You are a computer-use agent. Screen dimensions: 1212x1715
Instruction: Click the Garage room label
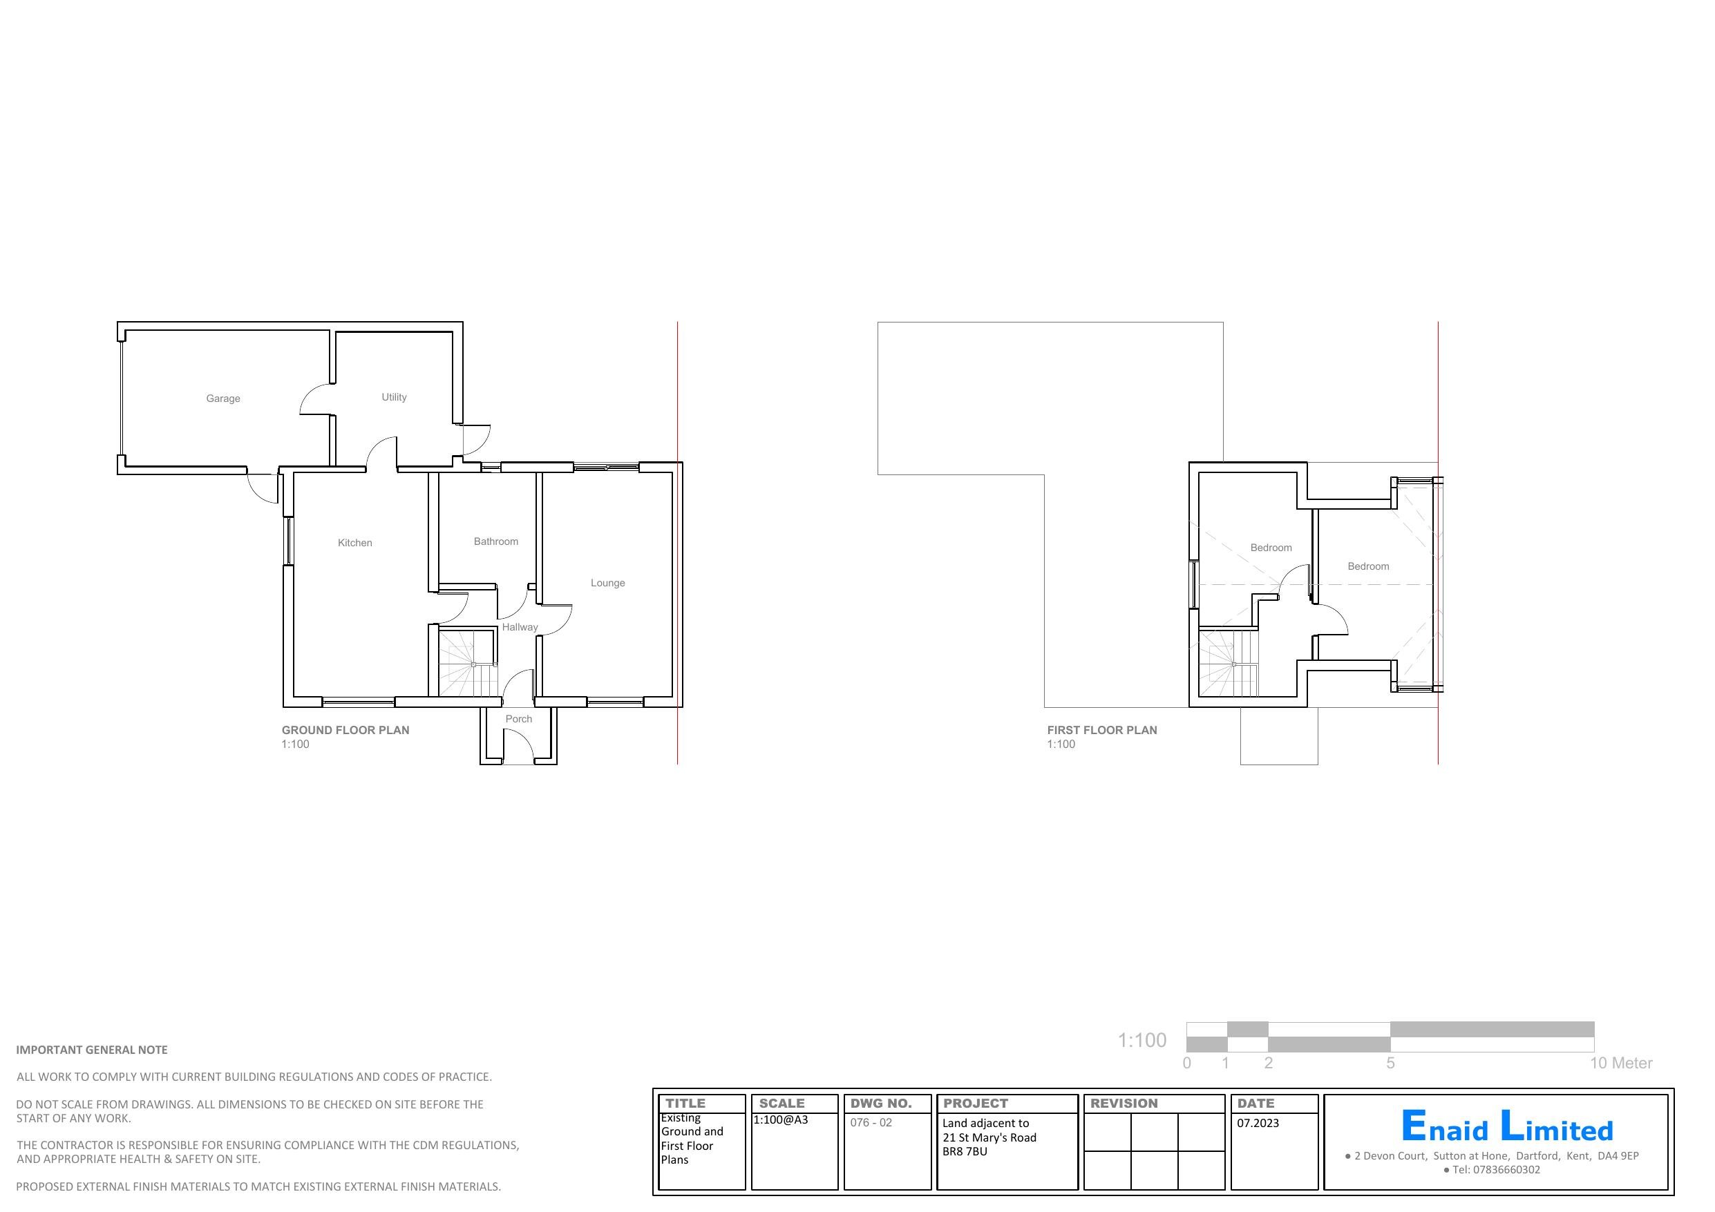tap(222, 398)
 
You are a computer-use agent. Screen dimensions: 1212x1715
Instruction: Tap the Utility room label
tap(394, 397)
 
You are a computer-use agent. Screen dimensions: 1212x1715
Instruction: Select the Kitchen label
tap(354, 543)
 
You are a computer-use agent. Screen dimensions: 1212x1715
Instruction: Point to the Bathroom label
tap(495, 541)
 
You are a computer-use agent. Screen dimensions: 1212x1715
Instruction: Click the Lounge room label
tap(607, 584)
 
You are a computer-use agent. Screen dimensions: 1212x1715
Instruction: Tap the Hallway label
tap(519, 627)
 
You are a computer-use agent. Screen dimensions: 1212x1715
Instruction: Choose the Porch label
tap(518, 719)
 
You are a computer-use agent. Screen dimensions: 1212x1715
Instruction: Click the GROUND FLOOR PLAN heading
tap(345, 731)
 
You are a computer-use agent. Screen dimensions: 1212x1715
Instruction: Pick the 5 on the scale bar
tap(1390, 1064)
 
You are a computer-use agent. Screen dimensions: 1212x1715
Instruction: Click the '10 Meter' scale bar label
tap(1620, 1064)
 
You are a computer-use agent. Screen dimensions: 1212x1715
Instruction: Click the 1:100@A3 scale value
tap(780, 1120)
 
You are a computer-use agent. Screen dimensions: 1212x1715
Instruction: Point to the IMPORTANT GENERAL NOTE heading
tap(92, 1050)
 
